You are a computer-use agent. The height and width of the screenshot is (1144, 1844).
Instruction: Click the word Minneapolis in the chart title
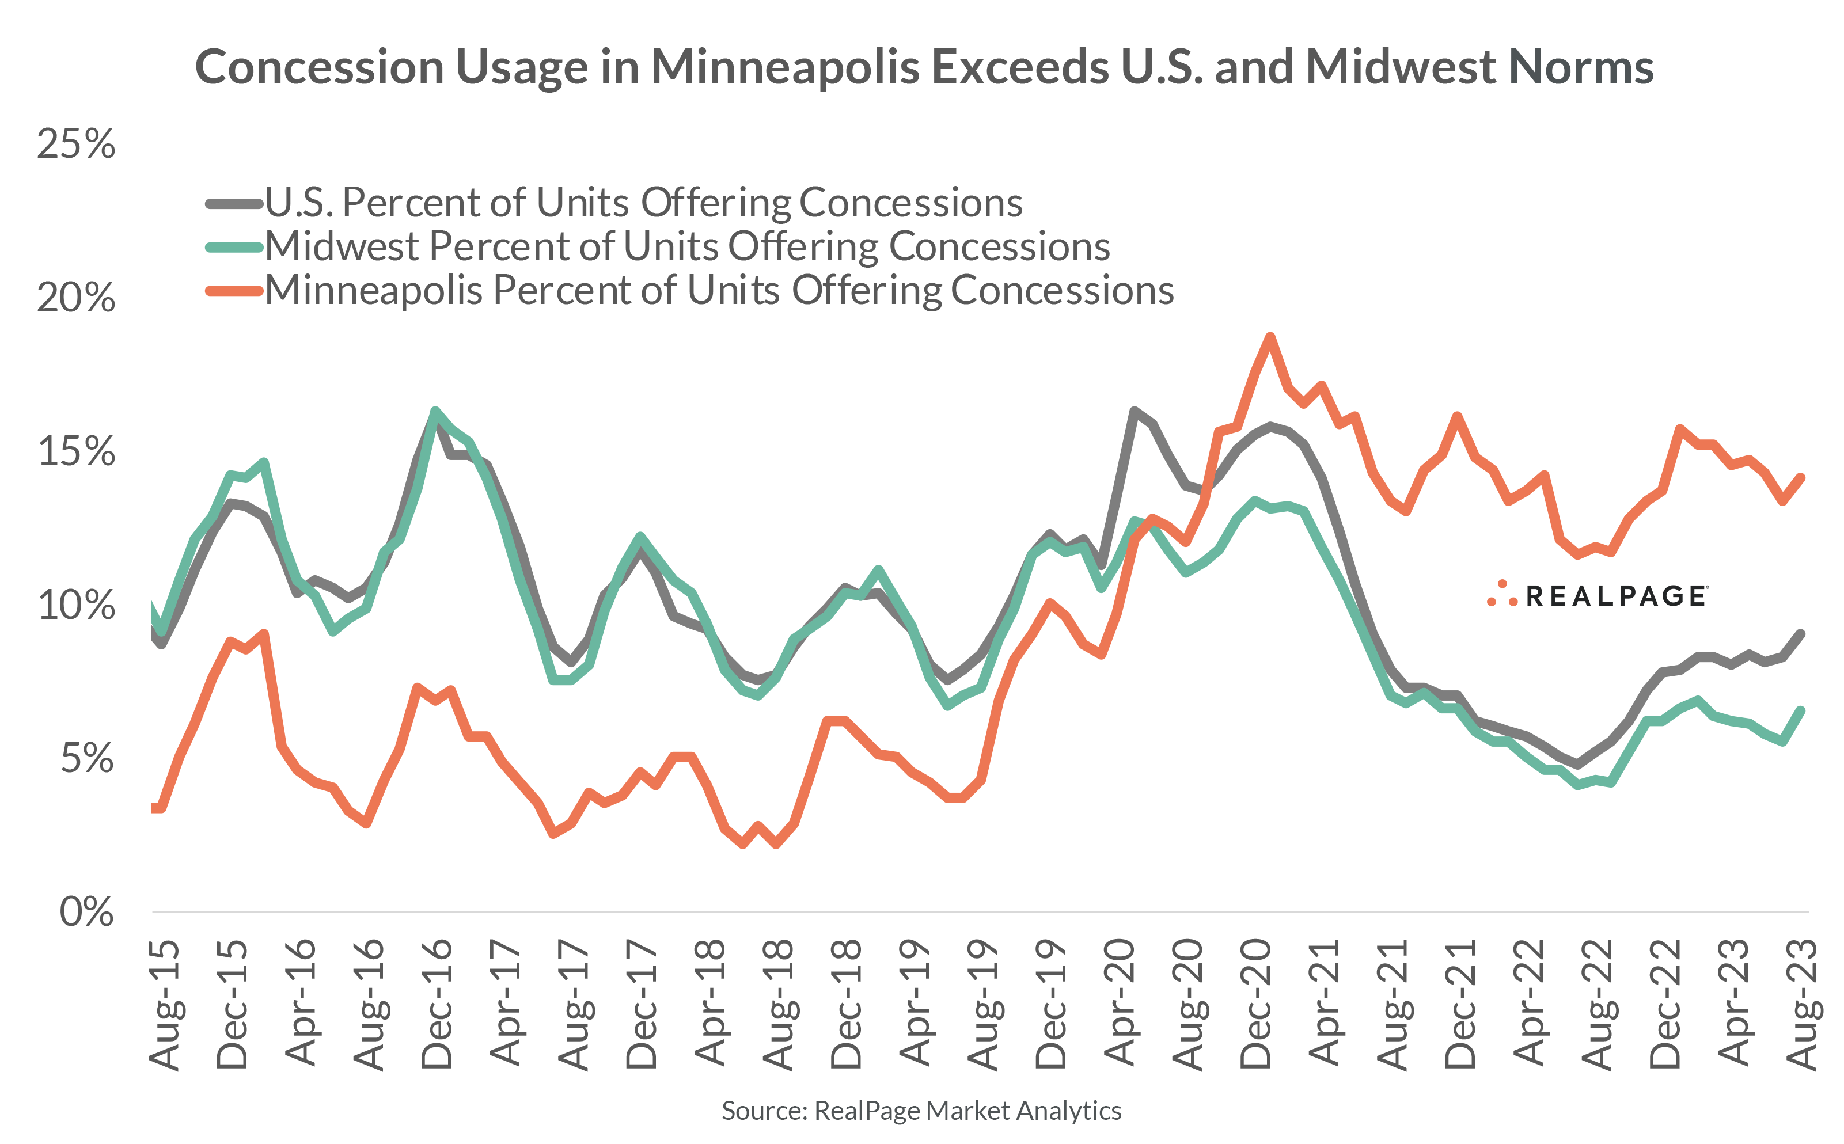(785, 68)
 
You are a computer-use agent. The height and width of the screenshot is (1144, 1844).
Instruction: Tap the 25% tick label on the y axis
(75, 144)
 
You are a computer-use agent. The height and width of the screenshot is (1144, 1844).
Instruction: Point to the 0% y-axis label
(86, 912)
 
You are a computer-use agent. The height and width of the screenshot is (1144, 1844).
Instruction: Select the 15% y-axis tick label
(75, 452)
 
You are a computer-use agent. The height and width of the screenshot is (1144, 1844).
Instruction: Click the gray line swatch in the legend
(234, 204)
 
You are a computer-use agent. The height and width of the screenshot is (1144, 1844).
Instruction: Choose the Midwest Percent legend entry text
(686, 246)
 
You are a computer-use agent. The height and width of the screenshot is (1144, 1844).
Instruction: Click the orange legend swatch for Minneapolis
(234, 291)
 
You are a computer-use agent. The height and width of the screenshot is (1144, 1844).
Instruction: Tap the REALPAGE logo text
(1615, 596)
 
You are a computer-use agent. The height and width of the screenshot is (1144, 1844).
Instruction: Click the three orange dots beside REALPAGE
(1502, 595)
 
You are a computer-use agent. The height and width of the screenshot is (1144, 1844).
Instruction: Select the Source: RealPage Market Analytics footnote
(921, 1110)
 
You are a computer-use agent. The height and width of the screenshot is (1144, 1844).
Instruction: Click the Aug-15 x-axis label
(165, 1004)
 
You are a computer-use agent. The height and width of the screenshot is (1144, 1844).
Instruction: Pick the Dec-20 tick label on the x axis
(1256, 1004)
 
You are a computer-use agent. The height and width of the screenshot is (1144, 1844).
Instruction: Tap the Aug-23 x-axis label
(1803, 1004)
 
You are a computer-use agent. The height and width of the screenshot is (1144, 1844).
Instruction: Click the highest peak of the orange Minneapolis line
(1270, 337)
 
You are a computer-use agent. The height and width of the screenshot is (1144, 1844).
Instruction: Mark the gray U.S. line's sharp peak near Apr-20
(1133, 411)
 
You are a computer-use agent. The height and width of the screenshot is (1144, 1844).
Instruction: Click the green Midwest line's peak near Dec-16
(435, 412)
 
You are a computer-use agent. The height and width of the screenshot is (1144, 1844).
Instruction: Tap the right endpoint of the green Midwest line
(1801, 710)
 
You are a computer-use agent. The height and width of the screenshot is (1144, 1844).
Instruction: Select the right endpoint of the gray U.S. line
(1801, 634)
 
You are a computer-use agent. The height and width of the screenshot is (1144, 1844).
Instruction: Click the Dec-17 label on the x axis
(642, 1004)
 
